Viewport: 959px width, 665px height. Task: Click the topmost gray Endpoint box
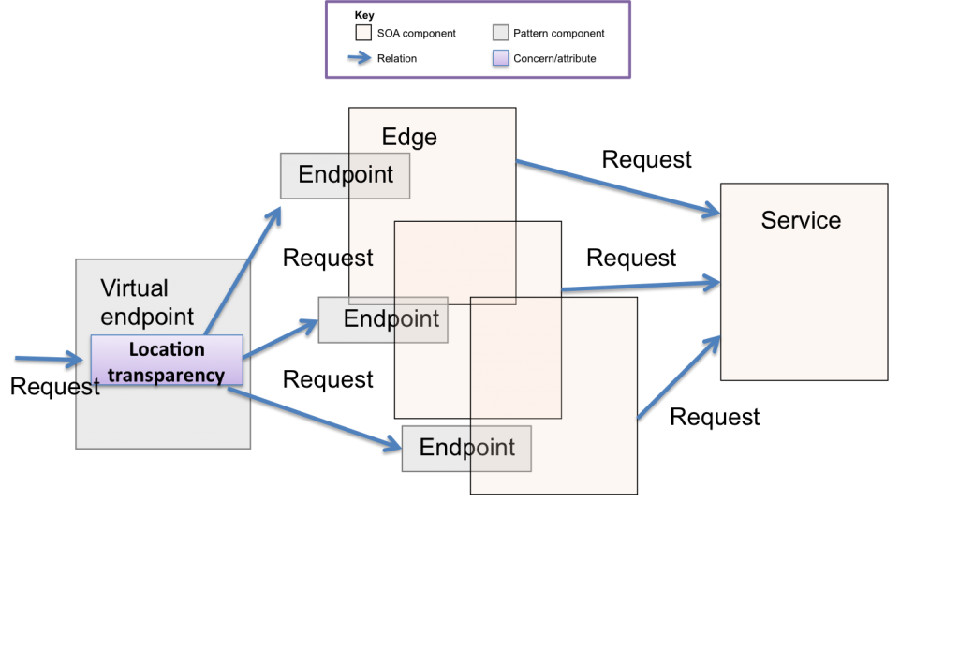coord(345,176)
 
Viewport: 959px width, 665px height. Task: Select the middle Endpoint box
coord(382,319)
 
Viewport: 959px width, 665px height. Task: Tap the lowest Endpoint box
coord(465,449)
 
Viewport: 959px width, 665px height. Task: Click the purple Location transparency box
coord(167,362)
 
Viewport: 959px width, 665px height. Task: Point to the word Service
coord(801,221)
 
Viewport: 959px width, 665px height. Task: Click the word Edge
coord(409,138)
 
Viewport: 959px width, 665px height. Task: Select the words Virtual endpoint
coord(147,302)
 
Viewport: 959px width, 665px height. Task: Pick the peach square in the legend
coord(363,33)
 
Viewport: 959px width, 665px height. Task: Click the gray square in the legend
coord(501,33)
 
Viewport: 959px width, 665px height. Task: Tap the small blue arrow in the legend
coord(360,57)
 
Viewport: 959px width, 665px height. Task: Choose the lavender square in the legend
coord(501,57)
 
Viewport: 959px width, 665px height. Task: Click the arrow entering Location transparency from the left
coord(49,358)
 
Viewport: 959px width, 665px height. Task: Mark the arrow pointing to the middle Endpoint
coord(281,338)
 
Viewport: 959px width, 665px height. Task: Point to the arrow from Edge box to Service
coord(618,188)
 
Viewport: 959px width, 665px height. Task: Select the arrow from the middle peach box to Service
coord(642,285)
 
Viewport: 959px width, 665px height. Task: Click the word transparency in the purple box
coord(167,375)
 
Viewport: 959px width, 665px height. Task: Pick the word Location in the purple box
coord(167,349)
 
